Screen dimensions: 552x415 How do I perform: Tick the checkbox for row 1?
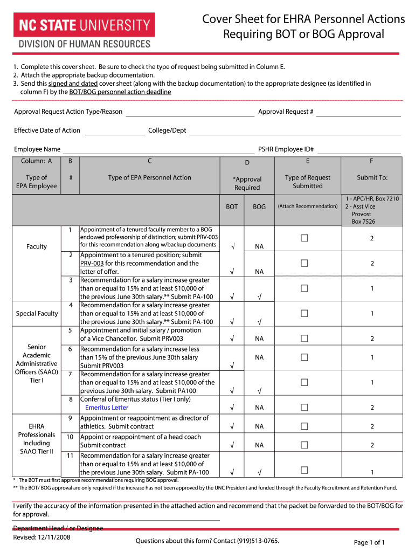click(304, 238)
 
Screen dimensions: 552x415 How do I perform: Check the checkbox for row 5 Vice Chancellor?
click(304, 339)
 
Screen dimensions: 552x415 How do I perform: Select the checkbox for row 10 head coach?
click(304, 445)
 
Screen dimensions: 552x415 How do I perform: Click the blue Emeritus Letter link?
click(107, 408)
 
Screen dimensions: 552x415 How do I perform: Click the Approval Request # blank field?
click(358, 112)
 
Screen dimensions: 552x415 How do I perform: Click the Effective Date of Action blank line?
click(115, 131)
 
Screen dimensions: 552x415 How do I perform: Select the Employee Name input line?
click(158, 150)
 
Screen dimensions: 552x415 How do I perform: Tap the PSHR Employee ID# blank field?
click(359, 150)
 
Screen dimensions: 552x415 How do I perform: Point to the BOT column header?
click(232, 206)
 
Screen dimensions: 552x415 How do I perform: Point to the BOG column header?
click(259, 206)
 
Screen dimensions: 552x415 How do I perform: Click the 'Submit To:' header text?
click(372, 177)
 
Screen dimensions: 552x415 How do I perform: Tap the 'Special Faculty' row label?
click(37, 314)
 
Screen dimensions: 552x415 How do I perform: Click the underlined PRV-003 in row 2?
click(92, 264)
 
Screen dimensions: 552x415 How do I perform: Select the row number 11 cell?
click(70, 456)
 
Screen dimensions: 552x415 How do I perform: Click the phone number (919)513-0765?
click(254, 541)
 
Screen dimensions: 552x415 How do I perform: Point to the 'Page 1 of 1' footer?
click(369, 542)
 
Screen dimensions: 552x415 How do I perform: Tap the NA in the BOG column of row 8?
click(259, 408)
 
